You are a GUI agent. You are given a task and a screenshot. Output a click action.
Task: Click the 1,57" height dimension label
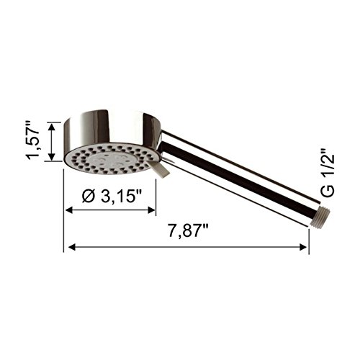(32, 141)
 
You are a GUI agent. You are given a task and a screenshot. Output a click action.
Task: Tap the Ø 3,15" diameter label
(112, 197)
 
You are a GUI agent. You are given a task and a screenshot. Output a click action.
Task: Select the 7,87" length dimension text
(188, 231)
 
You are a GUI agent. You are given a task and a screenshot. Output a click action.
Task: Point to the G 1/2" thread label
(328, 173)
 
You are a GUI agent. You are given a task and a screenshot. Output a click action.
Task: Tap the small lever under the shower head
(160, 168)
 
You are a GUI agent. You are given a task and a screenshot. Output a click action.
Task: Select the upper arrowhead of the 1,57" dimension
(52, 127)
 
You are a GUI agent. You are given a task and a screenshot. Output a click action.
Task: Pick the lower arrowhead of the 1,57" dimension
(52, 156)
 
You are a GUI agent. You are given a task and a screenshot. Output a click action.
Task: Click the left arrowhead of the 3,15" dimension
(69, 210)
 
